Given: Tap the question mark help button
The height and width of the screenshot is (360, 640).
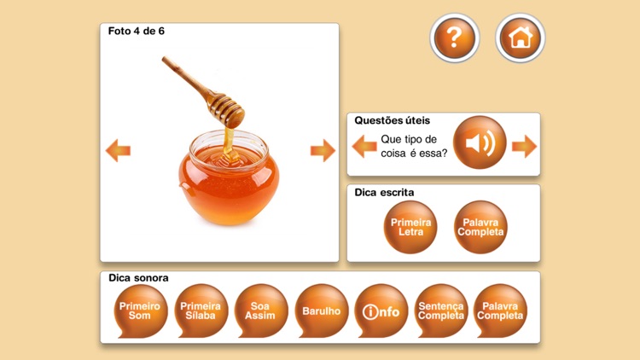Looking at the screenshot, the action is point(454,38).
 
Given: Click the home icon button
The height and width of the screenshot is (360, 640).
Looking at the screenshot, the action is point(520,38).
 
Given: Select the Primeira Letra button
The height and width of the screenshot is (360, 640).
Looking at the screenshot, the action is point(410,227).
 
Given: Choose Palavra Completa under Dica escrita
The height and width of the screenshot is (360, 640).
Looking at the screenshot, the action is point(480,227).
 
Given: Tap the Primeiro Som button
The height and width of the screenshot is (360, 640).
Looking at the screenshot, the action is point(140,311).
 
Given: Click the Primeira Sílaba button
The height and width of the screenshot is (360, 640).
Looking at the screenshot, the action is point(201,311).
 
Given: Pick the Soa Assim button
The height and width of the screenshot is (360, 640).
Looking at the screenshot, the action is point(260,311).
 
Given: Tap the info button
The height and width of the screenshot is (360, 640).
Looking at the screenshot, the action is point(381,311).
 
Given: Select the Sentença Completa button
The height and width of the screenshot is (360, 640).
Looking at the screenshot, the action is point(441,311).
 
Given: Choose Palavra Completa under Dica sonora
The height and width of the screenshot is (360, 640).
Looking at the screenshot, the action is point(500,311).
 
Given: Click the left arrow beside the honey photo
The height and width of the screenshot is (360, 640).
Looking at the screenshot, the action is point(118,150).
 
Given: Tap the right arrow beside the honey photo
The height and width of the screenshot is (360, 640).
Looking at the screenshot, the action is point(323,150).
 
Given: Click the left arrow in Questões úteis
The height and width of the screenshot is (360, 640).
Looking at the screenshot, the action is point(364,146).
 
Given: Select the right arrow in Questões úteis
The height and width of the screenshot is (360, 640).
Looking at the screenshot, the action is point(525,146).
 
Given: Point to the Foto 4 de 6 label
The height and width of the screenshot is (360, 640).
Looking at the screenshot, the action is point(137,31).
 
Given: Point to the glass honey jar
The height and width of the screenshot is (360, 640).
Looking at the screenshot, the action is point(229,177).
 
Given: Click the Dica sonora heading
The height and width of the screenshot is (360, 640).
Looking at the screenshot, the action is point(138,278).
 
